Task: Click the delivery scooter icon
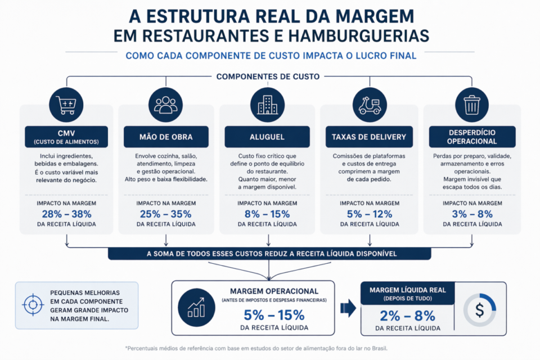[370, 104]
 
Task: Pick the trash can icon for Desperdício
[471, 104]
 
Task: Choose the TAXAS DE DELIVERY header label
[369, 137]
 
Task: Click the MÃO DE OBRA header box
[166, 137]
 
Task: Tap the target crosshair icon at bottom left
[33, 304]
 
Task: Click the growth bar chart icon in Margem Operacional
[196, 307]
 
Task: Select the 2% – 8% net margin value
[407, 315]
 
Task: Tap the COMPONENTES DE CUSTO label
[268, 76]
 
